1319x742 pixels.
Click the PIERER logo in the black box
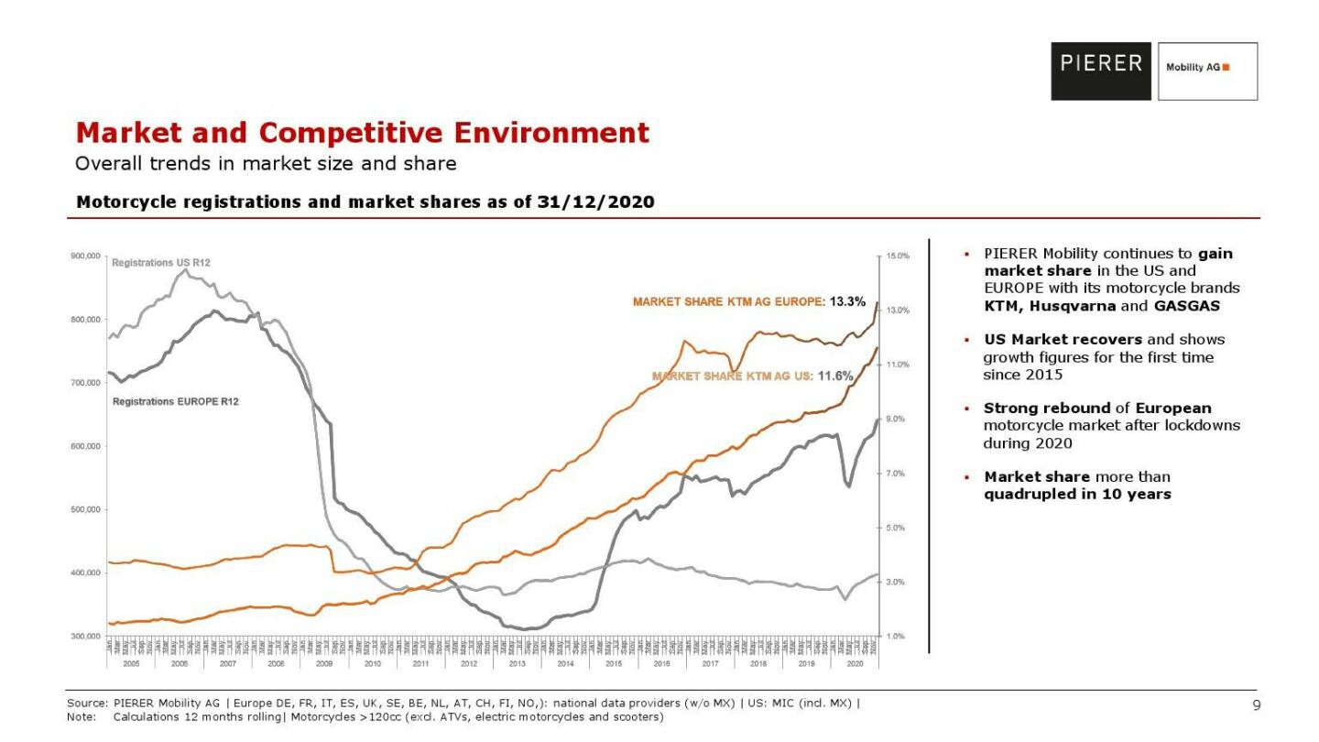tap(1102, 64)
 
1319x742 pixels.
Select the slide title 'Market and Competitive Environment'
tap(362, 133)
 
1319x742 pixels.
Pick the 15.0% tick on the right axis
tap(898, 256)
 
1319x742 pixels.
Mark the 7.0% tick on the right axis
tap(898, 474)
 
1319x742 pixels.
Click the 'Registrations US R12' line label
tap(160, 263)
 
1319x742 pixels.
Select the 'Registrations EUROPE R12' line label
tap(175, 401)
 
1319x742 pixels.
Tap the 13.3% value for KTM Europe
tap(847, 301)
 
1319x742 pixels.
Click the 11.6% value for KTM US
tap(834, 376)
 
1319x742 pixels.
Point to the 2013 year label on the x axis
tap(518, 661)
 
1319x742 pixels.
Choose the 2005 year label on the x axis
tap(131, 661)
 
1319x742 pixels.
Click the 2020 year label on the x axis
tap(855, 661)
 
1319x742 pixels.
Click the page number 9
tap(1257, 704)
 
